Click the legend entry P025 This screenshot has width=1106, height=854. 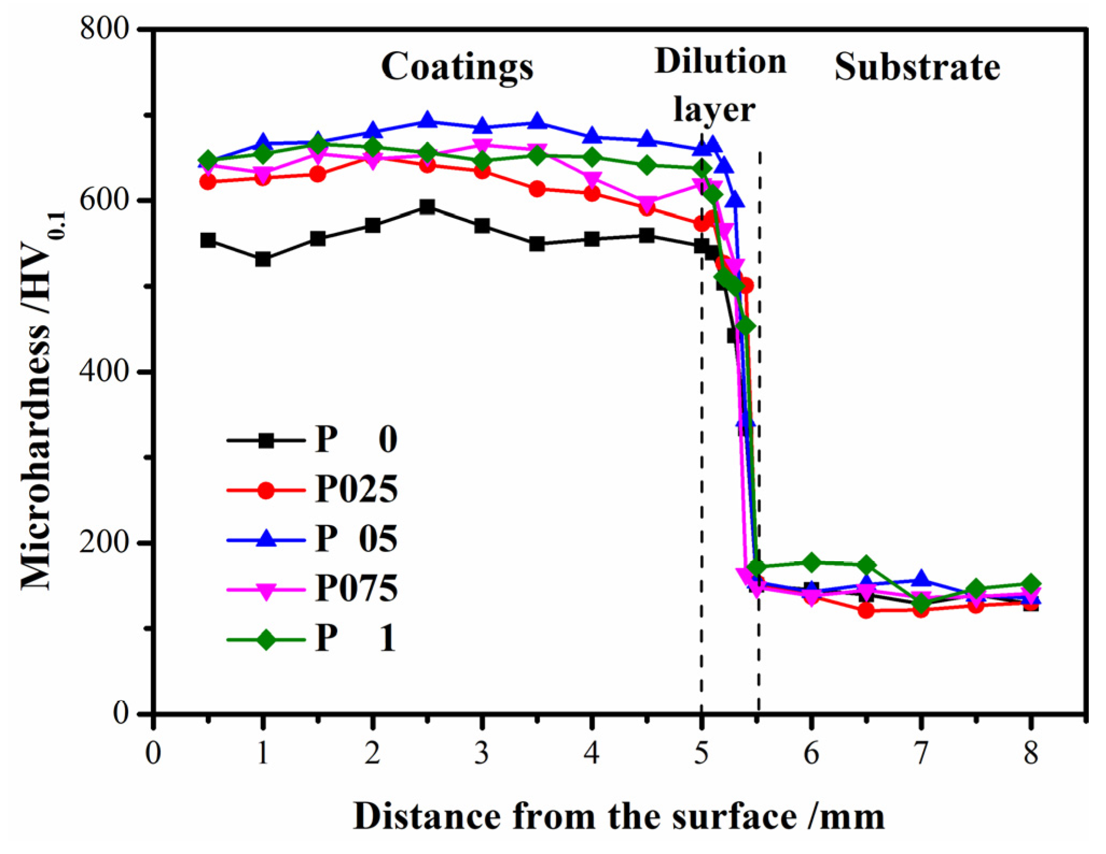356,490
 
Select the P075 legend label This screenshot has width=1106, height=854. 356,588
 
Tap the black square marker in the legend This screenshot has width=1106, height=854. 266,440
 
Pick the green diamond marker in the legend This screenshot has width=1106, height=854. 266,640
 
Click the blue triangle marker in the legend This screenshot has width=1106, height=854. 266,539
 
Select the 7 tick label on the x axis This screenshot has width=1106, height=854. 921,753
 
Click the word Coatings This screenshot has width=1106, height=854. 457,67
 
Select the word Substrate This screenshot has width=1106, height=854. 917,68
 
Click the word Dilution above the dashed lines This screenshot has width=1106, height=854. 721,61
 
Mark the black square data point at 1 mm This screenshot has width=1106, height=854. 262,259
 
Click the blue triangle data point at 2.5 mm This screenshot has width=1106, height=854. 427,120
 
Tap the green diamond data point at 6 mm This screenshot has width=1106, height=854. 811,562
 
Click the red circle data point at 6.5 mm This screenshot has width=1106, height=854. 866,610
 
